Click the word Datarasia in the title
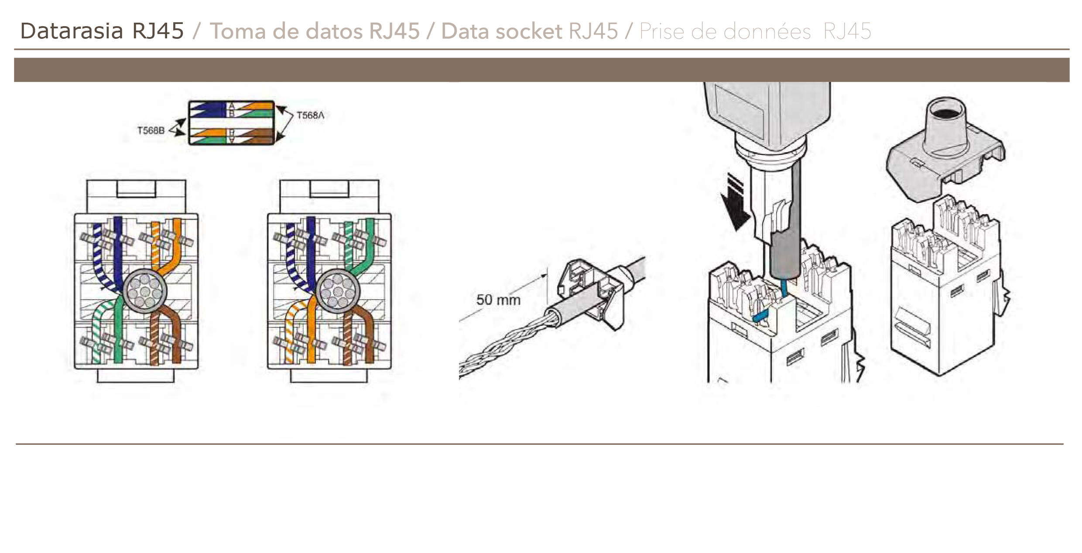click(x=72, y=31)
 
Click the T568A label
click(x=310, y=115)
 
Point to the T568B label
click(x=151, y=130)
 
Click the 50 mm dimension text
click(x=498, y=300)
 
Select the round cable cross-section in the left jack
click(x=145, y=290)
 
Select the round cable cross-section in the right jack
click(x=338, y=290)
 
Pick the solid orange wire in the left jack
click(x=177, y=240)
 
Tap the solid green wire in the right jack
click(x=369, y=240)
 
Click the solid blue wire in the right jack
click(x=311, y=244)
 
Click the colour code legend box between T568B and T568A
click(x=231, y=123)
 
